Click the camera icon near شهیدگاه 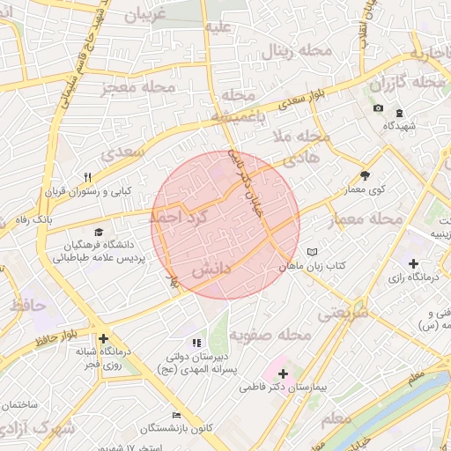point(379,108)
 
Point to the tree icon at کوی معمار point(366,174)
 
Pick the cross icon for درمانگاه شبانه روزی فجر point(104,338)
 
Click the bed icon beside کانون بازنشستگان point(177,415)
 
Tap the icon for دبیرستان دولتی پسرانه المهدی point(196,343)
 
